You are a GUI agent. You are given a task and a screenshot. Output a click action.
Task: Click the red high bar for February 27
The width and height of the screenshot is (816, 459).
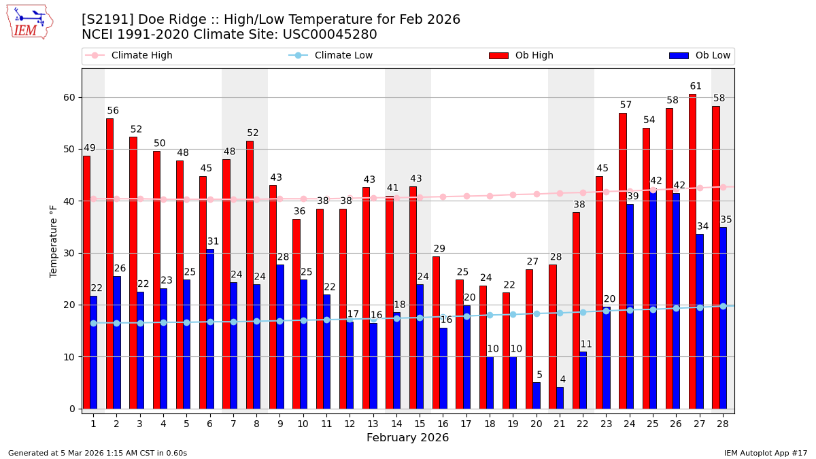(692, 252)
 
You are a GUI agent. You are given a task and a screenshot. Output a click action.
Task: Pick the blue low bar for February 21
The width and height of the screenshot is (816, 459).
(560, 398)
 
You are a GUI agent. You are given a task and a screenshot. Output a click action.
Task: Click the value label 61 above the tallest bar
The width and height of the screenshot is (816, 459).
(696, 86)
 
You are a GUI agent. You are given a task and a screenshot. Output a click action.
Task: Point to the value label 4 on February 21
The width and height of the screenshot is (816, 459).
(562, 379)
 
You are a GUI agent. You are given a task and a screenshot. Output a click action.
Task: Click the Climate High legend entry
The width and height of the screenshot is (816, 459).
(141, 56)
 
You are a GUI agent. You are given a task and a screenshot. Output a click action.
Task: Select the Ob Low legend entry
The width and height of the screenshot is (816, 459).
(713, 56)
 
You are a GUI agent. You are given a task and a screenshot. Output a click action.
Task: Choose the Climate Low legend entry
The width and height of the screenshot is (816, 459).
(343, 56)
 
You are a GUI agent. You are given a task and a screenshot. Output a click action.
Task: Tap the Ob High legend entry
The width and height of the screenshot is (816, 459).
(534, 56)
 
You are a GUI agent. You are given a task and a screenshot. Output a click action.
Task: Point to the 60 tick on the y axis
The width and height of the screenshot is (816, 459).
(69, 97)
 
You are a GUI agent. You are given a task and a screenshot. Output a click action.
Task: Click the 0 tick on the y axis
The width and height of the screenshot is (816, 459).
(72, 409)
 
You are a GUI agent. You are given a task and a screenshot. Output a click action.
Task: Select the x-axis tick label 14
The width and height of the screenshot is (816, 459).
(396, 424)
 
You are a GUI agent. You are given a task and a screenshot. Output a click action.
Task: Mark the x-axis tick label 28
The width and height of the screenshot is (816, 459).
(722, 424)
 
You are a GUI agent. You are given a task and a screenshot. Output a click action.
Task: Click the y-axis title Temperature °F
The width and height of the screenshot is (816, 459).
(54, 241)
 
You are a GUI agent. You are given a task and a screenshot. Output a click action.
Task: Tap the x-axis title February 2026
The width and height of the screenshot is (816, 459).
(408, 438)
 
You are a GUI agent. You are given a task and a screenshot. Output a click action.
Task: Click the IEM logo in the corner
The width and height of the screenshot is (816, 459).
(29, 22)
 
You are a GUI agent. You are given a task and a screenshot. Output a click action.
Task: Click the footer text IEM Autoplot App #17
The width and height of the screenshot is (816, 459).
(766, 453)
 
